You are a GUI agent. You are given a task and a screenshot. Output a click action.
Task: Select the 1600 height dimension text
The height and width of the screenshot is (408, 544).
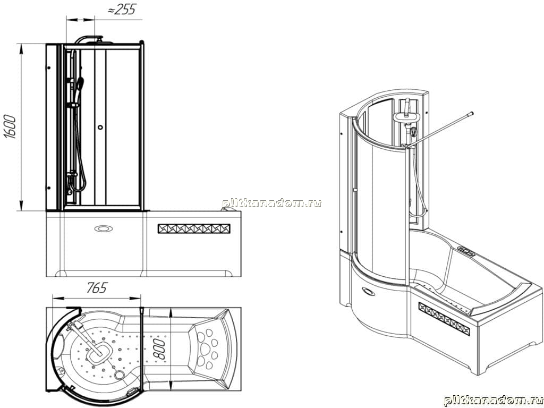coord(11,126)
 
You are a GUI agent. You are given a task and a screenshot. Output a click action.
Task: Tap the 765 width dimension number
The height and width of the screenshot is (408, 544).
coord(97,287)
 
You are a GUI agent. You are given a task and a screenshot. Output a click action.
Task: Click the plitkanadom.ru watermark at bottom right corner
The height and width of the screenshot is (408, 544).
coord(494,401)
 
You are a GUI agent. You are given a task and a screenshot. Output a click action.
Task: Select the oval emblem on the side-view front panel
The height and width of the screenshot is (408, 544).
coord(104,228)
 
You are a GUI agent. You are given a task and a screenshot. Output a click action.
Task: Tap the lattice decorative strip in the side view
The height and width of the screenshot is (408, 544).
coord(194,228)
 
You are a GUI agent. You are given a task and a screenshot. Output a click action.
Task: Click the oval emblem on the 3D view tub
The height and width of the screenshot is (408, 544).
coord(368,292)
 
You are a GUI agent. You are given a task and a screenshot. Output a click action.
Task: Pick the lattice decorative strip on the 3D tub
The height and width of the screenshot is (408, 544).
coord(444,319)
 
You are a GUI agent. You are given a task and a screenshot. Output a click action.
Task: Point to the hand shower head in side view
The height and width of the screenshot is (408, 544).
coord(80,83)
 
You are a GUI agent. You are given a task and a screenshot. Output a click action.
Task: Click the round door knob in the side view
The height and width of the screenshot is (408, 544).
coord(100,127)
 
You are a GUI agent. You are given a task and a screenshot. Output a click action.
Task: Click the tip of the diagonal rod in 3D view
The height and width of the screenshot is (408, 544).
coord(472,113)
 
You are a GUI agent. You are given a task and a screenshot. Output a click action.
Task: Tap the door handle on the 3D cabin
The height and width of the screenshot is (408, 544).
coord(354,190)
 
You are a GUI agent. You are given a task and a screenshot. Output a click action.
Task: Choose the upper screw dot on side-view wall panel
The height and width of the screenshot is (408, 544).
coord(49,67)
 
